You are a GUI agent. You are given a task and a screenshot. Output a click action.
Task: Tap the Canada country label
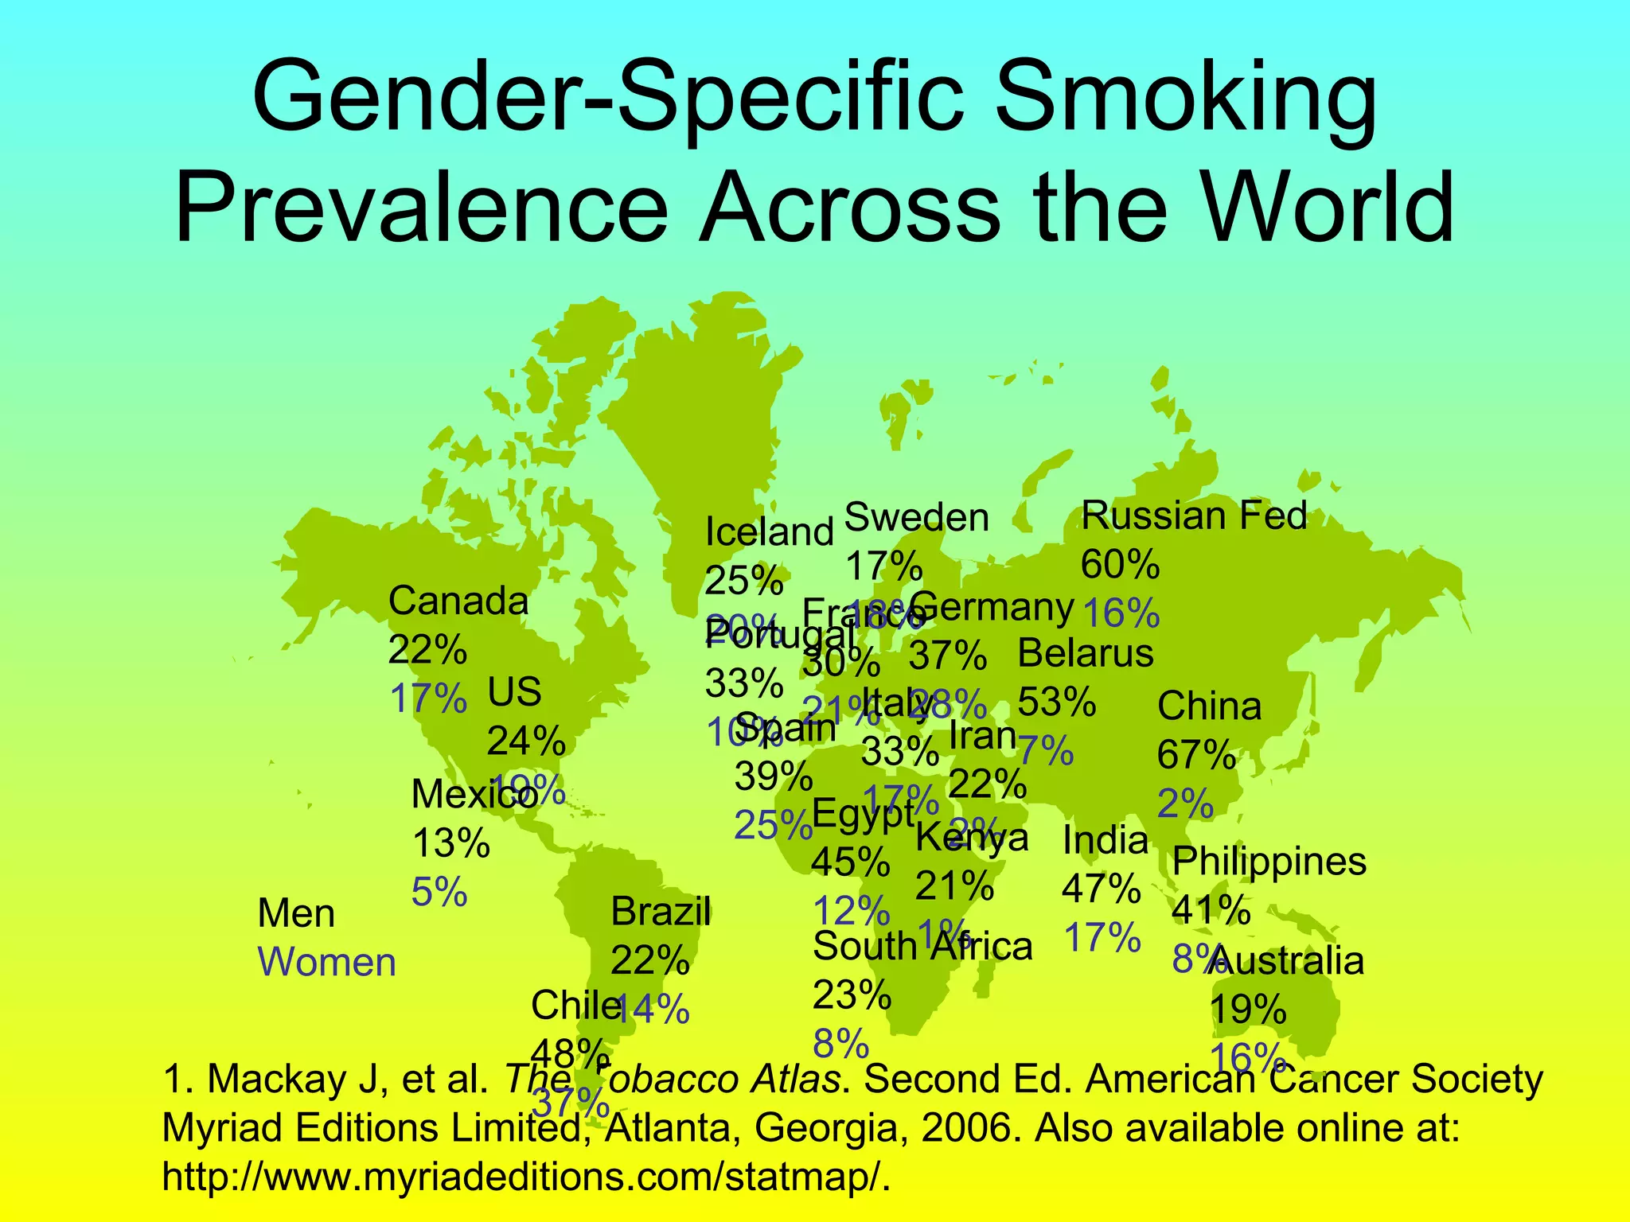458,601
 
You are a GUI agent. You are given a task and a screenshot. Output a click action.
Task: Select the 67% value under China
1195,755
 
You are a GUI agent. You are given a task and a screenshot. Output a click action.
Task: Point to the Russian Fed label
1194,516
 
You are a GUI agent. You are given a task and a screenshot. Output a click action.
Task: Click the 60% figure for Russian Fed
1119,565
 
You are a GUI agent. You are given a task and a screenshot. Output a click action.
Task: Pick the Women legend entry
327,963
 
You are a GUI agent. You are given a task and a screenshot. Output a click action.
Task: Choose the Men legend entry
296,914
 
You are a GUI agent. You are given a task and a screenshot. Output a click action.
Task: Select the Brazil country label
661,912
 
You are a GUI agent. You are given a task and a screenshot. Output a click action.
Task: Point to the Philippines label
1269,862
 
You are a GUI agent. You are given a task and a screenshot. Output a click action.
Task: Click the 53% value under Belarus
1056,702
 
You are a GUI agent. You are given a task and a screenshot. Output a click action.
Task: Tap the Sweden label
916,518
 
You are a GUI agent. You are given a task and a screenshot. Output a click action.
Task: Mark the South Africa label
922,947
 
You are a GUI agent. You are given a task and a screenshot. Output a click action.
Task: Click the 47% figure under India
1101,889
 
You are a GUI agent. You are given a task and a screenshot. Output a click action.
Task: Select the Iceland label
769,532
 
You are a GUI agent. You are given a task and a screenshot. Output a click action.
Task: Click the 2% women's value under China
1184,804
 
